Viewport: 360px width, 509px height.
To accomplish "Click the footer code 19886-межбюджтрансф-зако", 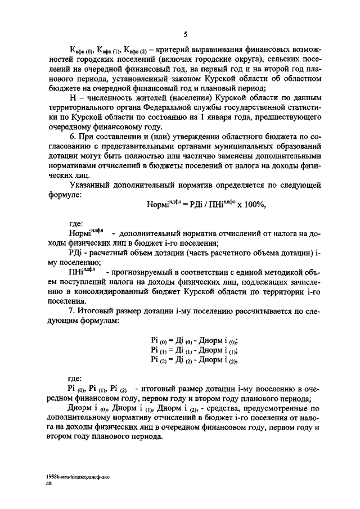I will (78, 475).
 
